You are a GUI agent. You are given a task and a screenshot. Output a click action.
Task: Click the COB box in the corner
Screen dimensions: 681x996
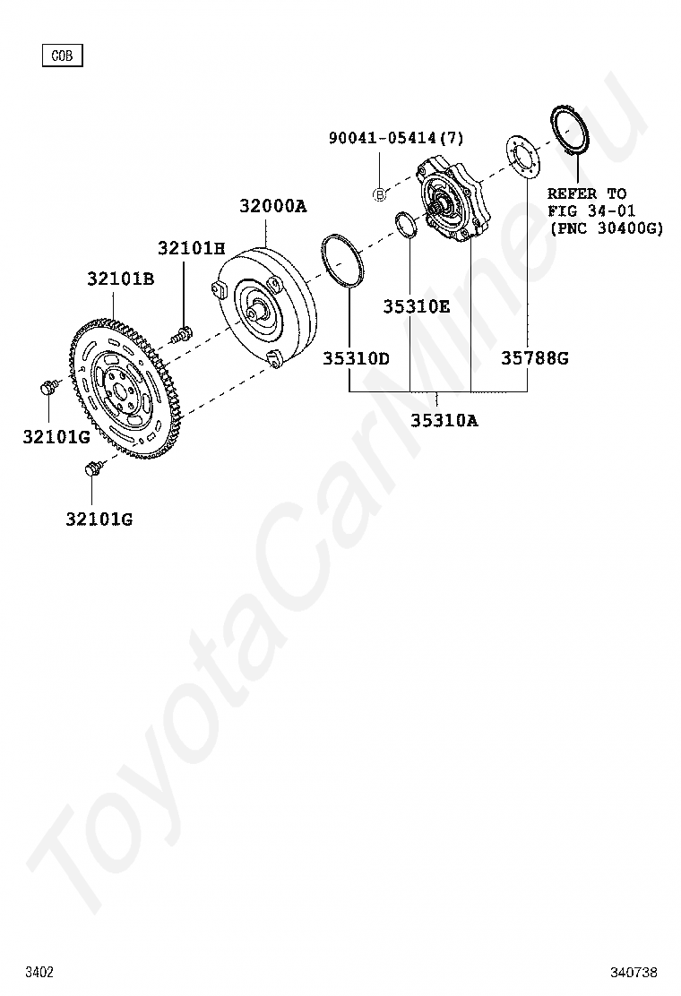(x=62, y=56)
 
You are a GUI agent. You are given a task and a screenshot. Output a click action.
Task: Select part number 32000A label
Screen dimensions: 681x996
(x=273, y=206)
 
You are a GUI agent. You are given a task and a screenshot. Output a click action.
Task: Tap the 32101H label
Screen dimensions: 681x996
(x=191, y=248)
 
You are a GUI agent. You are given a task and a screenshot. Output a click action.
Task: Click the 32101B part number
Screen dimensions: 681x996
(x=121, y=279)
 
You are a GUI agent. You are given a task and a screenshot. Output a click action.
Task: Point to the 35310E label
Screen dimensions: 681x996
(x=416, y=307)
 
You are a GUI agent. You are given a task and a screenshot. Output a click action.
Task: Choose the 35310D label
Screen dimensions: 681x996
(x=357, y=358)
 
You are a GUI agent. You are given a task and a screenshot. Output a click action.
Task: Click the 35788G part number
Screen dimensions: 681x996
(x=535, y=358)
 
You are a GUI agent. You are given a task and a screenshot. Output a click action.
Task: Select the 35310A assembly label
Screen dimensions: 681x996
(x=444, y=420)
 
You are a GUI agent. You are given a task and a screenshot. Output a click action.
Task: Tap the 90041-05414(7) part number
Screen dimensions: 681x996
(x=396, y=138)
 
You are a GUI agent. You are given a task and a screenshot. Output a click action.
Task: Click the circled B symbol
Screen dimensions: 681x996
(x=379, y=195)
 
